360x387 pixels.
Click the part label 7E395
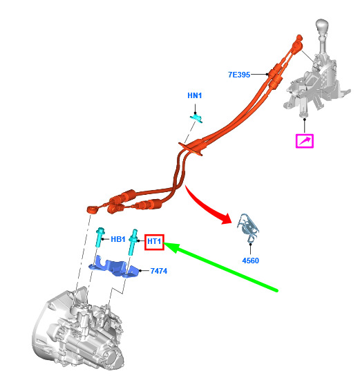(x=238, y=75)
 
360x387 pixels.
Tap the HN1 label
(x=194, y=95)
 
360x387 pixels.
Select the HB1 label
(x=118, y=239)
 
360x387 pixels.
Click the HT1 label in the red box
(x=154, y=241)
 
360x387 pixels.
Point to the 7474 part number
(x=159, y=271)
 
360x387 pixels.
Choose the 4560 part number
(x=250, y=261)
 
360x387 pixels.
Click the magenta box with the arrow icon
(x=305, y=141)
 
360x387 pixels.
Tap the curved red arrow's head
(x=227, y=218)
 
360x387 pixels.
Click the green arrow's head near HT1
(x=171, y=247)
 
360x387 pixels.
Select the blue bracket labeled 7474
(x=113, y=267)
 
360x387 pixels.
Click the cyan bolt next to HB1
(x=100, y=237)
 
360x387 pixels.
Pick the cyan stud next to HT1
(x=133, y=242)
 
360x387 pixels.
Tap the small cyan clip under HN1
(x=196, y=117)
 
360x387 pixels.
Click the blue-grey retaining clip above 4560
(x=248, y=227)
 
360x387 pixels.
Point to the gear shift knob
(x=322, y=27)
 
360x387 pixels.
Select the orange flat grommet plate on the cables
(x=191, y=149)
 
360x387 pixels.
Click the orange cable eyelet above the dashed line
(x=93, y=210)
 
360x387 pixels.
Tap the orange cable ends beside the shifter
(x=297, y=44)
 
